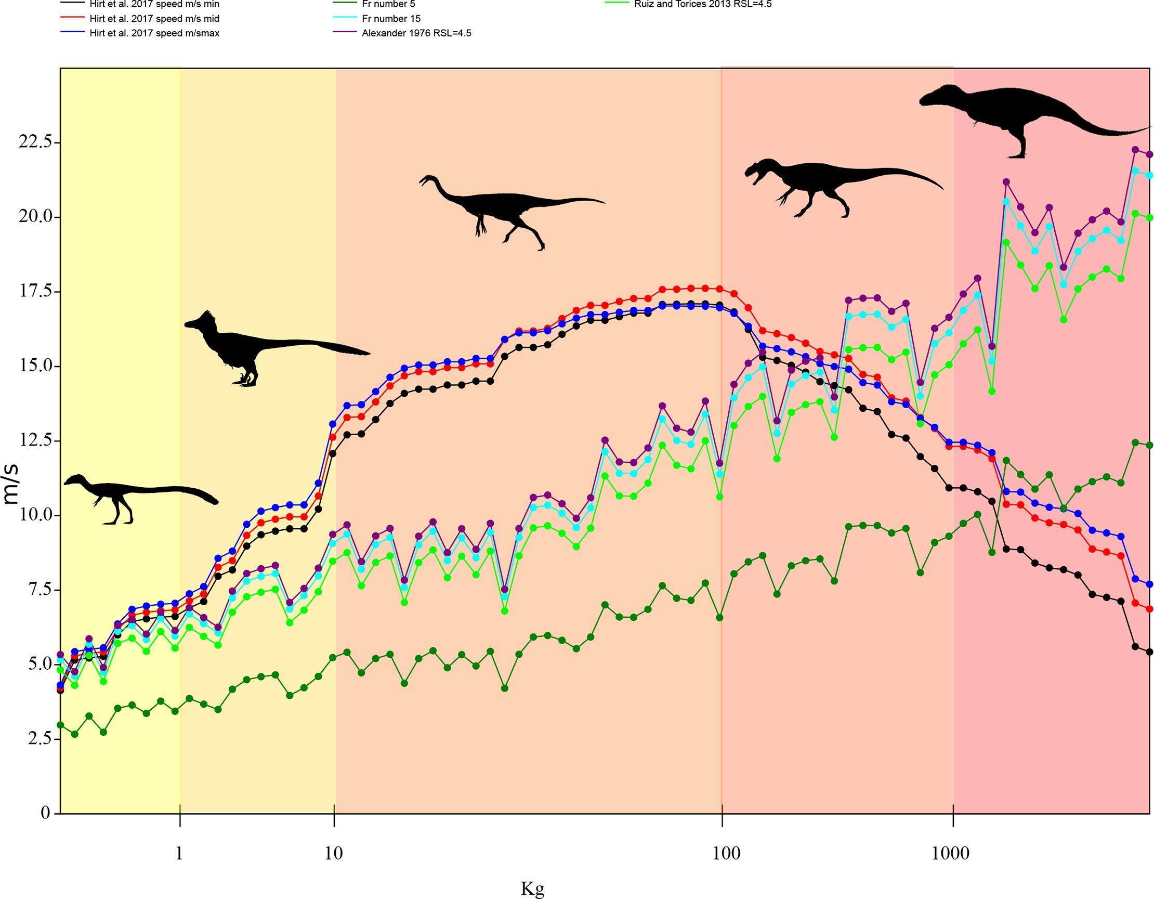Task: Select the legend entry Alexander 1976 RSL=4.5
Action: coord(416,33)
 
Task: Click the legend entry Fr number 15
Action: coord(391,19)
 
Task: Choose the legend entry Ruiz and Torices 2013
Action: coord(703,4)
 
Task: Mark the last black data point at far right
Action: coord(1149,667)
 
